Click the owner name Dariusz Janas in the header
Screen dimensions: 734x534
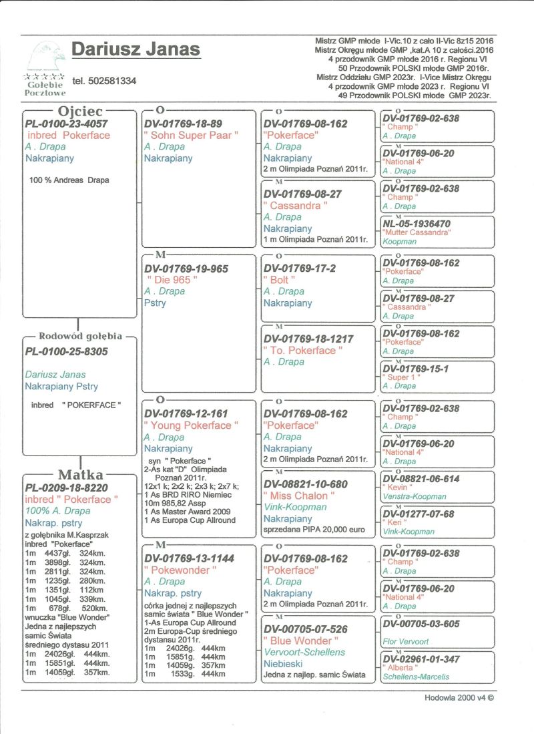point(136,49)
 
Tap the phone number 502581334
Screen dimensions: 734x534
point(104,81)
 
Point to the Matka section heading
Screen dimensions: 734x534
point(80,474)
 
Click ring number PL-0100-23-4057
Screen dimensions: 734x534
point(66,124)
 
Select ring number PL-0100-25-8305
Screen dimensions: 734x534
point(66,351)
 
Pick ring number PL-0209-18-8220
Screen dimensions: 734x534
point(66,488)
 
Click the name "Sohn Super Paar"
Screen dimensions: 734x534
point(191,135)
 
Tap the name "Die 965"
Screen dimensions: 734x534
point(172,280)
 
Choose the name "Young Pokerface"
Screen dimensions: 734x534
point(191,425)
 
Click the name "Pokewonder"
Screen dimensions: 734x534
point(181,570)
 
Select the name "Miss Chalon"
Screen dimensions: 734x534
point(298,496)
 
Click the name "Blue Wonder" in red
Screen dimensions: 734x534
point(298,640)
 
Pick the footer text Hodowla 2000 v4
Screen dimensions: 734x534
point(459,697)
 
